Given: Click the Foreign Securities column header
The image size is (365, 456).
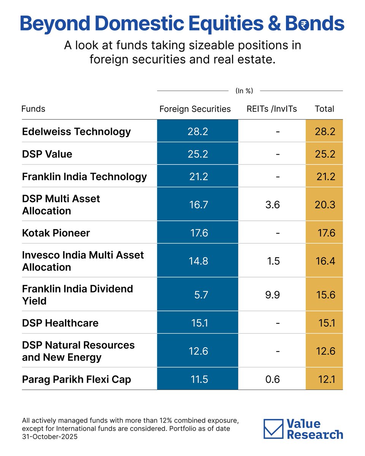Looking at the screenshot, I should click(195, 109).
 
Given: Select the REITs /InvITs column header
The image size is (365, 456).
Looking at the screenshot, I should click(271, 109).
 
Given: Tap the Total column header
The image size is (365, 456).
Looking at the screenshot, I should click(324, 109).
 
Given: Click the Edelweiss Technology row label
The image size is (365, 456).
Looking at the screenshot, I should click(76, 131).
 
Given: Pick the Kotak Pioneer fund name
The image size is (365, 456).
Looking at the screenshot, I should click(56, 233).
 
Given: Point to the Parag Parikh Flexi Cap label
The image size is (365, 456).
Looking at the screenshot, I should click(76, 379).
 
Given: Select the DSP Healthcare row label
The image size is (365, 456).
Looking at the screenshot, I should click(60, 323).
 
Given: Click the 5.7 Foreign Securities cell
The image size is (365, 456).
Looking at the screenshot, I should click(200, 294).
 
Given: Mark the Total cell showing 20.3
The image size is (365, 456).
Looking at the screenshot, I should click(325, 204).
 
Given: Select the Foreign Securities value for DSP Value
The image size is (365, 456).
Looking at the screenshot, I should click(198, 154).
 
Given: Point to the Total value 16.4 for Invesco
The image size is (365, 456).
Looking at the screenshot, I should click(325, 261).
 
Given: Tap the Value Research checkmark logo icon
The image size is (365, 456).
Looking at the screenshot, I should click(273, 429).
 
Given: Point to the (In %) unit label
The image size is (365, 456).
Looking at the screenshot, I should click(244, 91).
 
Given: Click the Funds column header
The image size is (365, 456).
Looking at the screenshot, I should click(33, 109).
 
